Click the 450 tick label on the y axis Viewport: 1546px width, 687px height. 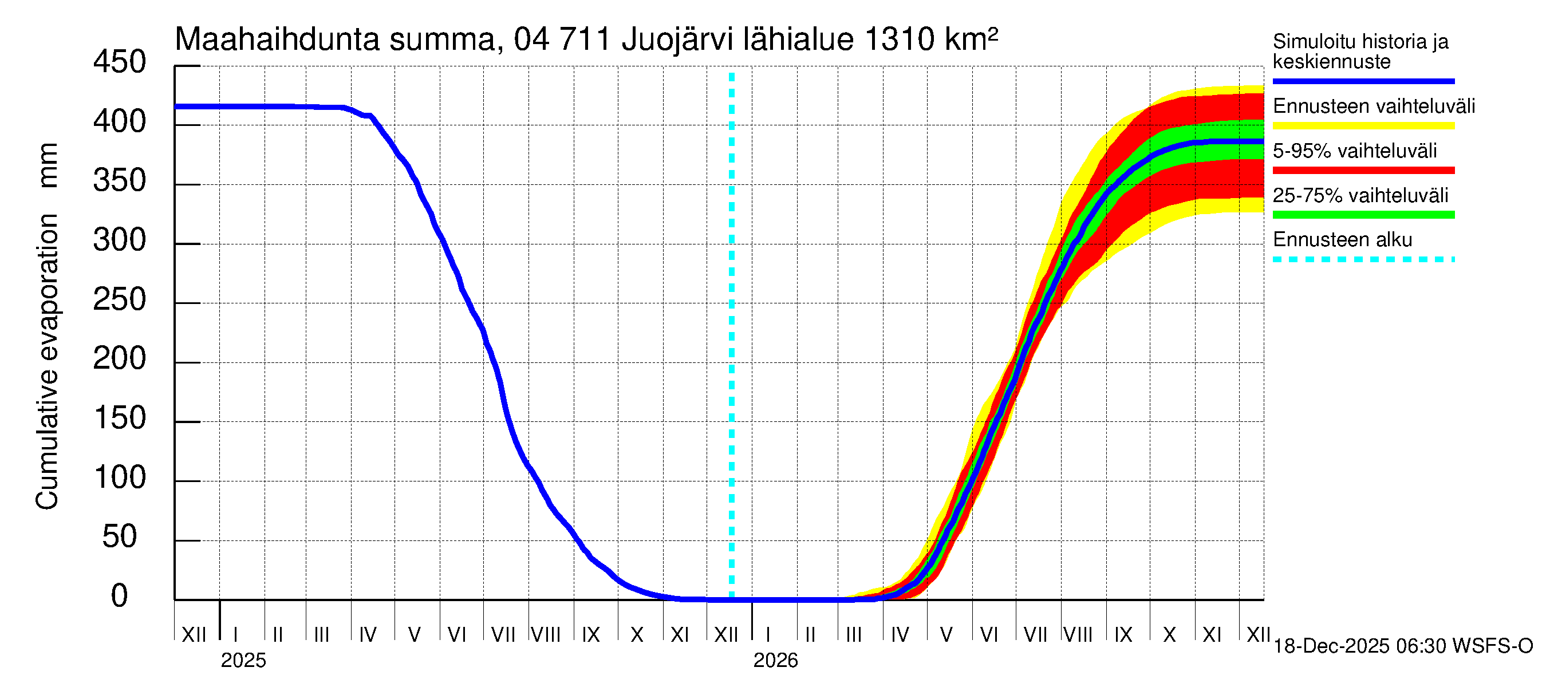(120, 62)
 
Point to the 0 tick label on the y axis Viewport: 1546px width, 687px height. (120, 596)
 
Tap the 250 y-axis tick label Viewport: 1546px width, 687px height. (120, 299)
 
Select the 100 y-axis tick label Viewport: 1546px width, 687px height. (120, 477)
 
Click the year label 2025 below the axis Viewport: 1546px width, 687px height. (243, 661)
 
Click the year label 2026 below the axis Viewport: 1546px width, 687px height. (775, 661)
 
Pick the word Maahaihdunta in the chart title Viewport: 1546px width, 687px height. (277, 40)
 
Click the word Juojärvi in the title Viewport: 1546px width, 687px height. (677, 40)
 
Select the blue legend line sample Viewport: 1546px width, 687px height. (1363, 81)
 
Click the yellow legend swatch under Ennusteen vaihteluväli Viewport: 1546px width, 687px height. (1363, 126)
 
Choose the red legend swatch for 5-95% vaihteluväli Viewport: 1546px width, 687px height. (1363, 171)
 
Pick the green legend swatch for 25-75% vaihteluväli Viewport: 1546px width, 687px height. (1363, 215)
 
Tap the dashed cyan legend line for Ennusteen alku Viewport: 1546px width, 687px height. (1363, 260)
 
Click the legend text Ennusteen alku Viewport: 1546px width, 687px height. (1342, 240)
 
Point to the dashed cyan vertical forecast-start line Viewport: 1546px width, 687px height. (732, 336)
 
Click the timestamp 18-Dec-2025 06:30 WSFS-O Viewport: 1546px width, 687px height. (1402, 646)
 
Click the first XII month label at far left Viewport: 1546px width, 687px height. (194, 635)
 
